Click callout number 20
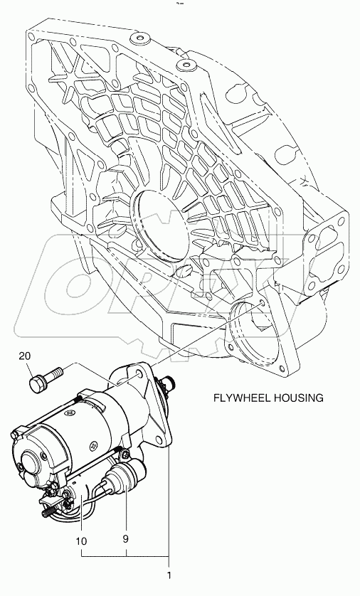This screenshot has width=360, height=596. click(25, 356)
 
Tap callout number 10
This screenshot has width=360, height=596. click(81, 541)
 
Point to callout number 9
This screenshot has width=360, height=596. click(126, 538)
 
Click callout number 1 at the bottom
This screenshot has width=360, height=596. click(169, 575)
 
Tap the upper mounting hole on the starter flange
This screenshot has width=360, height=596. click(140, 375)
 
